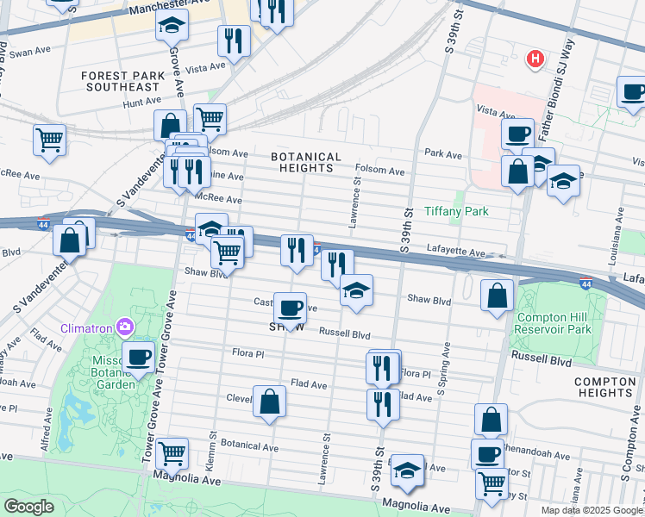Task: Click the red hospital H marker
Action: [535, 59]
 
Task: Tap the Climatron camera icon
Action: [125, 327]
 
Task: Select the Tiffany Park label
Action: [456, 211]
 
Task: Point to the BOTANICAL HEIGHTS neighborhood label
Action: [306, 163]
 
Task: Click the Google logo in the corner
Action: [28, 507]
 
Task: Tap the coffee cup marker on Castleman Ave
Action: [290, 307]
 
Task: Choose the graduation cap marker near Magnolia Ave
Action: [408, 469]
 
